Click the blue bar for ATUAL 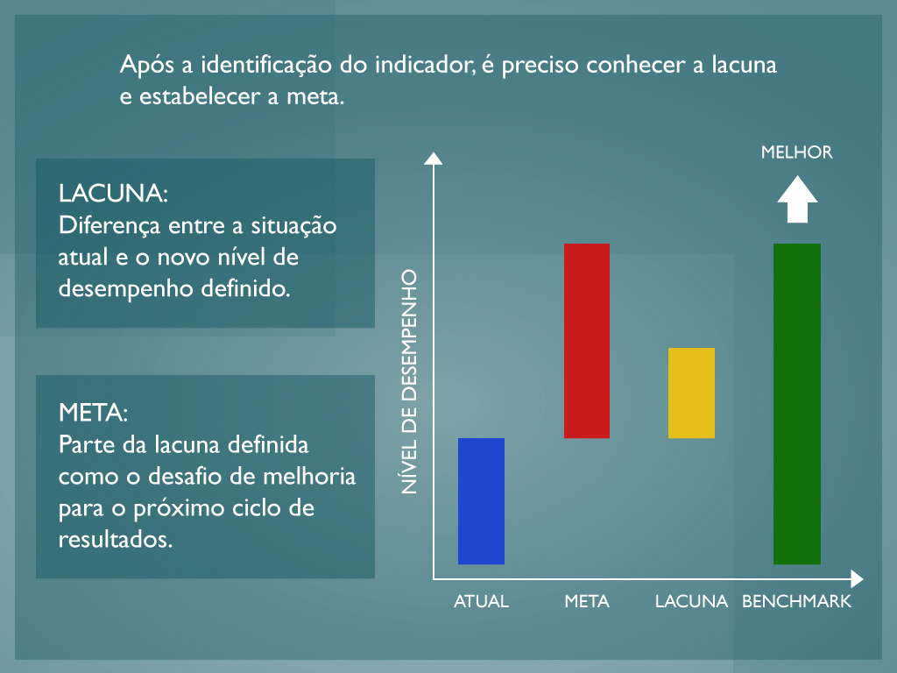[x=481, y=501]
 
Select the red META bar [x=587, y=341]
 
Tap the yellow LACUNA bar [x=692, y=393]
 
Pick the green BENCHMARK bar [x=797, y=404]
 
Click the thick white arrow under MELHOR [x=797, y=200]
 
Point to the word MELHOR [x=797, y=152]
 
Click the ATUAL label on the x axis [x=481, y=601]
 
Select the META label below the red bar [x=587, y=601]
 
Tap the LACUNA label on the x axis [x=692, y=601]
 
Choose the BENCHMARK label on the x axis [x=797, y=601]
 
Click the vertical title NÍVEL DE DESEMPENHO [x=409, y=382]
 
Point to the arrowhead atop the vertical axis [x=433, y=159]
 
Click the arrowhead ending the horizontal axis [x=857, y=579]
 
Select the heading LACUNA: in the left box [x=113, y=194]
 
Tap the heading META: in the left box [x=93, y=413]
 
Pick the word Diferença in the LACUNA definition [x=109, y=226]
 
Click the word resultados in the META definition [x=116, y=540]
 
